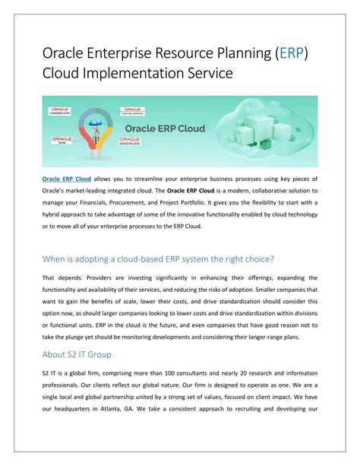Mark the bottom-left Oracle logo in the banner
tap(61, 141)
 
